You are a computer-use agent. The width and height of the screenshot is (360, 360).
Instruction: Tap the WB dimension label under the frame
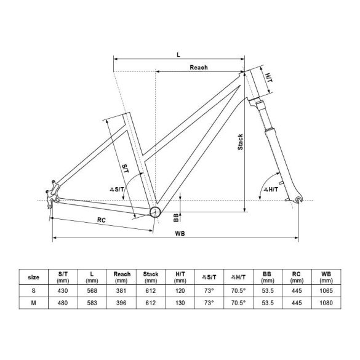[x=180, y=233]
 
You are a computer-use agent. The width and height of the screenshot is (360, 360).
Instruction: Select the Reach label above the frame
[x=199, y=68]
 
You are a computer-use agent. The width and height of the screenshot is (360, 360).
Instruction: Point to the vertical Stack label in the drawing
[x=240, y=142]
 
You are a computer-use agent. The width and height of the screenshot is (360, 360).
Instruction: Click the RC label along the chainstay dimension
[x=102, y=220]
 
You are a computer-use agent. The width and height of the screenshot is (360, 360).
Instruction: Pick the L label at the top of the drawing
[x=178, y=55]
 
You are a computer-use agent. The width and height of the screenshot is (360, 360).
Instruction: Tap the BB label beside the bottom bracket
[x=176, y=218]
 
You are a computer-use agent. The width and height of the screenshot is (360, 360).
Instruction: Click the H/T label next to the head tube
[x=269, y=78]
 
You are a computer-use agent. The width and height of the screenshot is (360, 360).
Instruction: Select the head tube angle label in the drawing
[x=271, y=190]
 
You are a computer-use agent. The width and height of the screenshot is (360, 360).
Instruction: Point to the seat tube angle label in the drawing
[x=117, y=190]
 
